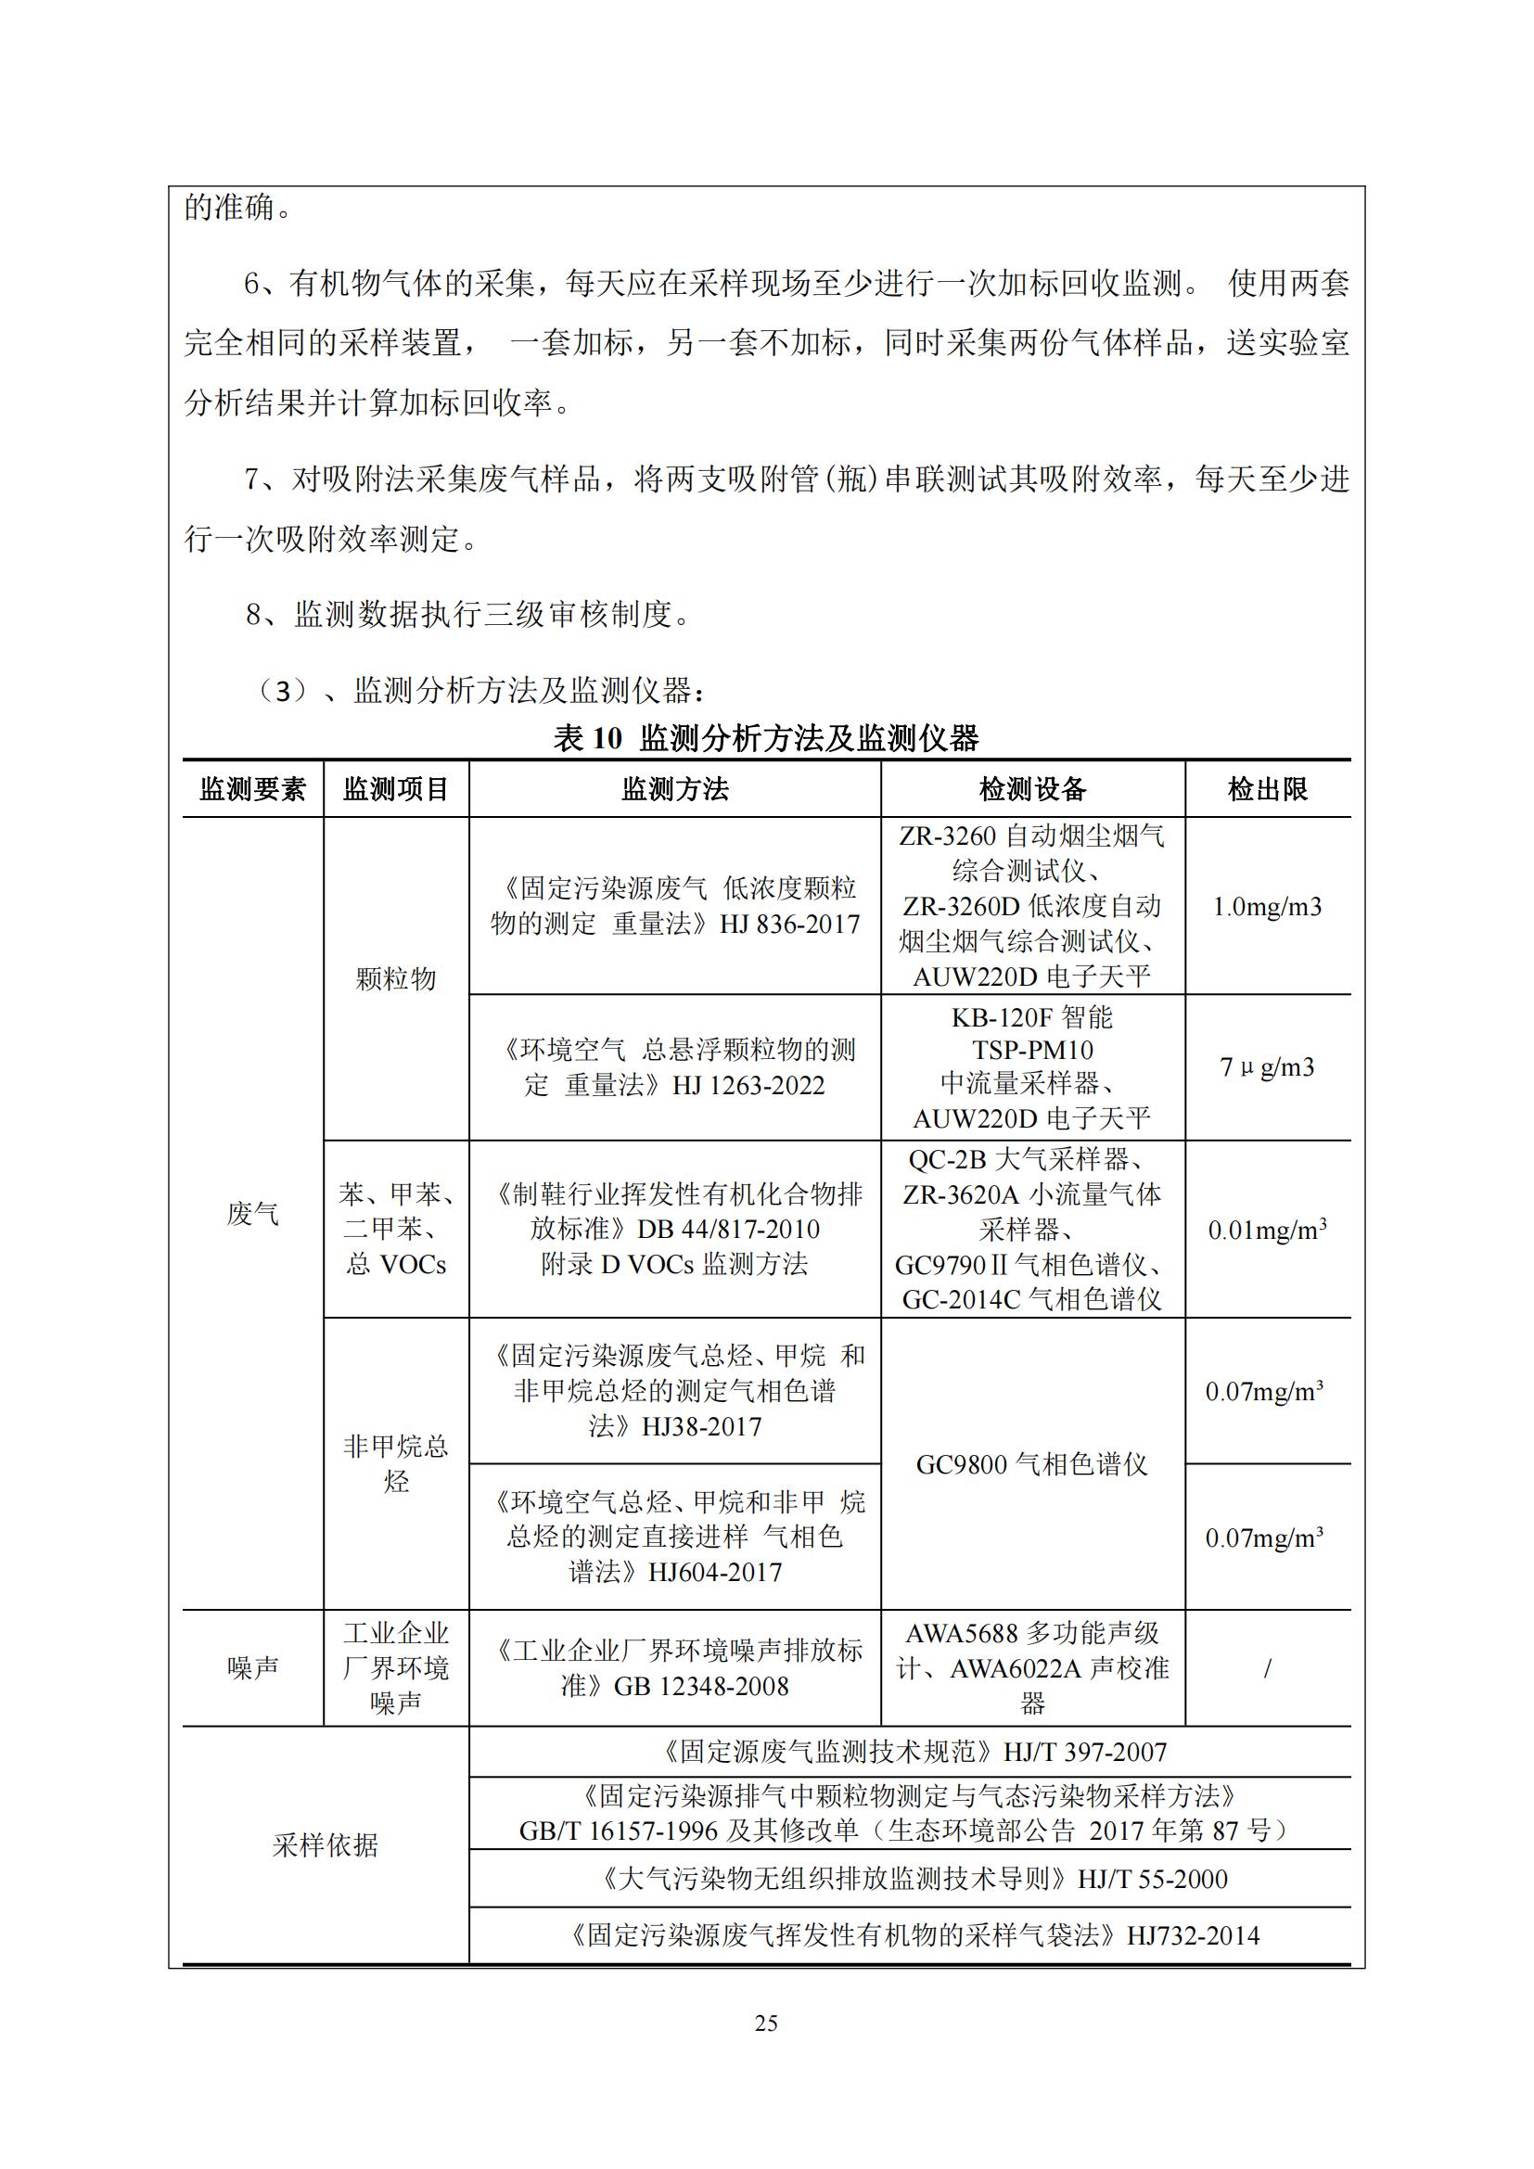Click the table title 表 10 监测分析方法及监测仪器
[766, 739]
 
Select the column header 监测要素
[252, 790]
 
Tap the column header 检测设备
[1032, 790]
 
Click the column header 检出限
[1267, 790]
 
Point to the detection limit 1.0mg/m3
[1267, 907]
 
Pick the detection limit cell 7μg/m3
[1267, 1067]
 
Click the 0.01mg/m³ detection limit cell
[1267, 1230]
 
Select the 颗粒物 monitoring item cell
[396, 978]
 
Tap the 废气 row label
[252, 1214]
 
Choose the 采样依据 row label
[325, 1845]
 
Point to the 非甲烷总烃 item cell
[396, 1463]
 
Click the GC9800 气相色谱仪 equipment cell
[1032, 1464]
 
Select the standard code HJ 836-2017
[789, 924]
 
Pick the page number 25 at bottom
[766, 2022]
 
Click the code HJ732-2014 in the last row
[1193, 1935]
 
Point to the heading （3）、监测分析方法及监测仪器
[478, 691]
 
